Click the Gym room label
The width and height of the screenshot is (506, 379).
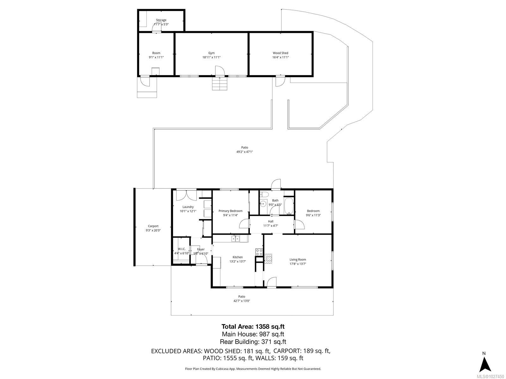click(211, 53)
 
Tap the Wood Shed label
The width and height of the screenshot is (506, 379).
click(281, 53)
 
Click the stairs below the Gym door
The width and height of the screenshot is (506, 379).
click(219, 84)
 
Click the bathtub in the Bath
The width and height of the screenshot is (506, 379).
click(289, 205)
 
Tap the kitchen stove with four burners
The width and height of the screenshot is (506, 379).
click(259, 252)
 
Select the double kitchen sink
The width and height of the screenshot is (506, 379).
click(235, 238)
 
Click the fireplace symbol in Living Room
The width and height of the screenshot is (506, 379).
click(268, 258)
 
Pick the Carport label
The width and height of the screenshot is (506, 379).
click(153, 226)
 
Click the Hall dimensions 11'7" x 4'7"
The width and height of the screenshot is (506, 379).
click(270, 226)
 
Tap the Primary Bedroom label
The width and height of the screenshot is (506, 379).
click(231, 211)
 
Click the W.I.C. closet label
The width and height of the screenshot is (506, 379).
click(182, 249)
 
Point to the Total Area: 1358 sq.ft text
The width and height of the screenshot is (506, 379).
click(250, 327)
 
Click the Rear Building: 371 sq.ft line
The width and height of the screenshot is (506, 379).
click(253, 341)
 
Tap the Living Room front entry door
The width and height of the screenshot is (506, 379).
click(271, 282)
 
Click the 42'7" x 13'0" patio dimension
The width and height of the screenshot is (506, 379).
click(242, 301)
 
